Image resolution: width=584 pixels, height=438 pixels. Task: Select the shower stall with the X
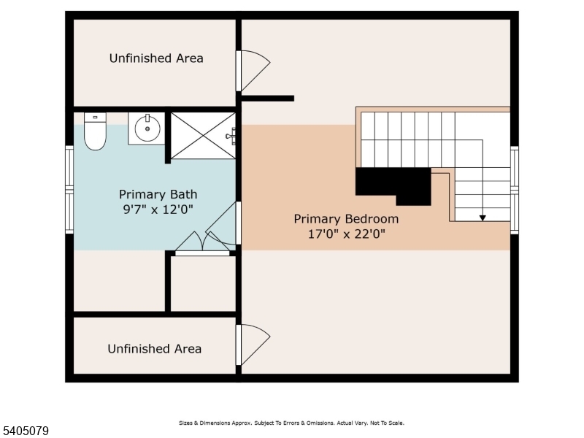click(203, 135)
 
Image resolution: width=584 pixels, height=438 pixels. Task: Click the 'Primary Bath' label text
click(158, 194)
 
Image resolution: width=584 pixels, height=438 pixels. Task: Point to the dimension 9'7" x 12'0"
click(158, 209)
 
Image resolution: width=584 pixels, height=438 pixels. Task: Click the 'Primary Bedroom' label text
click(346, 219)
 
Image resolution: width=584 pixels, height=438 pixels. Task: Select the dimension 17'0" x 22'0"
click(346, 234)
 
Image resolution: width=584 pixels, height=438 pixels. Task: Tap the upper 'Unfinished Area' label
click(156, 58)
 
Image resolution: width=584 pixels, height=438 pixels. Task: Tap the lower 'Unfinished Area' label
click(155, 349)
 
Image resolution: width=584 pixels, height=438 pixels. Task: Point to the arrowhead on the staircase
click(483, 217)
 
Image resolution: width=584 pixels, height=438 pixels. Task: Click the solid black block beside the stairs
click(393, 182)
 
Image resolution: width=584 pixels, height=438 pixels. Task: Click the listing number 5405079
click(26, 431)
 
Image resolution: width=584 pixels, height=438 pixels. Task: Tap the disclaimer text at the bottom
click(291, 423)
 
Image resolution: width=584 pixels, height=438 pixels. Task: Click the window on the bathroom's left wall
click(69, 190)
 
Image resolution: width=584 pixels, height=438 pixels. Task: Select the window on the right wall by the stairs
click(515, 190)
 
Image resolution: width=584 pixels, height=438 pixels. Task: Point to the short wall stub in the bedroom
click(267, 98)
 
